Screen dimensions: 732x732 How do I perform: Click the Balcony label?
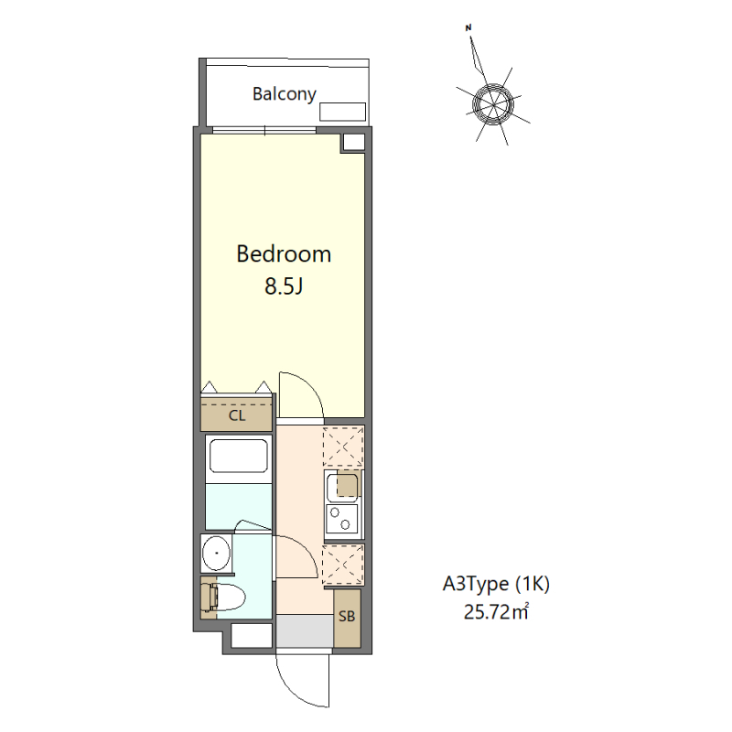pyautogui.click(x=285, y=94)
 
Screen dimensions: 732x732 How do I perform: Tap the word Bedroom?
pyautogui.click(x=284, y=254)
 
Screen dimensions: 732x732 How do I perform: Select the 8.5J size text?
pyautogui.click(x=284, y=285)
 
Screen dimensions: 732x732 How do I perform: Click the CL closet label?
pyautogui.click(x=237, y=415)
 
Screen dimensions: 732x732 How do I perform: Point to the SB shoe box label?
pyautogui.click(x=347, y=616)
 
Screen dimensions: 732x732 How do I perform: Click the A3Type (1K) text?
pyautogui.click(x=496, y=584)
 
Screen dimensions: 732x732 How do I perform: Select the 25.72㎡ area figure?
pyautogui.click(x=496, y=611)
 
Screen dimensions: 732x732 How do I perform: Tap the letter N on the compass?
pyautogui.click(x=468, y=28)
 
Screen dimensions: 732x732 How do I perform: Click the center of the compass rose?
pyautogui.click(x=492, y=104)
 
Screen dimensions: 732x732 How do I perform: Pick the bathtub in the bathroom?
pyautogui.click(x=239, y=456)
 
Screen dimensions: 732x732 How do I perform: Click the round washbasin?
pyautogui.click(x=217, y=554)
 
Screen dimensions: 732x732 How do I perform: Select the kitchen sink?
pyautogui.click(x=343, y=486)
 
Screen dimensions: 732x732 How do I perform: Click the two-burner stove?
pyautogui.click(x=342, y=519)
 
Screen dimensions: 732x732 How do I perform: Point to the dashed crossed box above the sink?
pyautogui.click(x=343, y=447)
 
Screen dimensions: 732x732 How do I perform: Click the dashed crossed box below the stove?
pyautogui.click(x=343, y=565)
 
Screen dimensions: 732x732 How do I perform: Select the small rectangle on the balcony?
pyautogui.click(x=342, y=112)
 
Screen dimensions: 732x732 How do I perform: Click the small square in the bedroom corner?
pyautogui.click(x=353, y=143)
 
